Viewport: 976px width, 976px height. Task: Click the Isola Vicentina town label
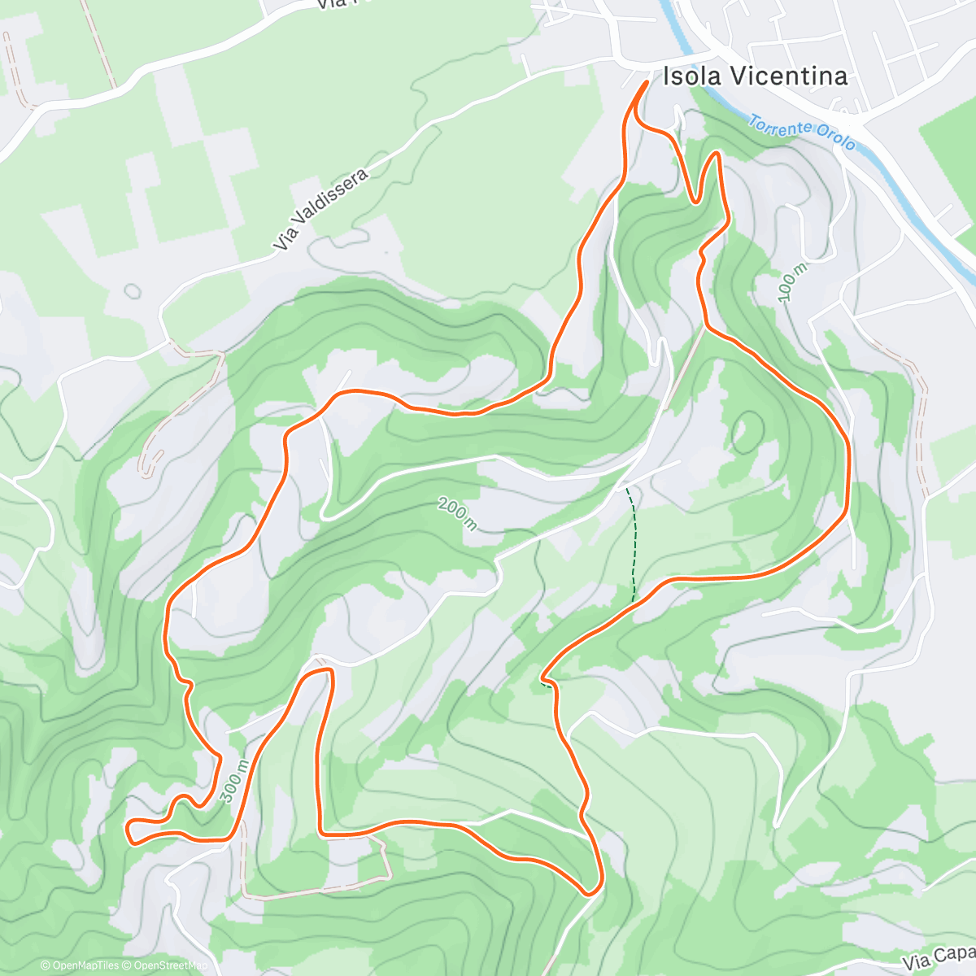click(756, 76)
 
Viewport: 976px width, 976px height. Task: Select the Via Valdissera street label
click(320, 209)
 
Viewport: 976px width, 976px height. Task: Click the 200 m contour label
click(457, 513)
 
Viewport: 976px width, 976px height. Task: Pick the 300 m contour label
click(234, 782)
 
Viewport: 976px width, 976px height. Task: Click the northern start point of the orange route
click(647, 83)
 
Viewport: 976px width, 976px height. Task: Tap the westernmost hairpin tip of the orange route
click(129, 830)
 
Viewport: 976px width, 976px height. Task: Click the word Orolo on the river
click(837, 140)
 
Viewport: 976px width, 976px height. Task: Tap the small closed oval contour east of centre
click(747, 432)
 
